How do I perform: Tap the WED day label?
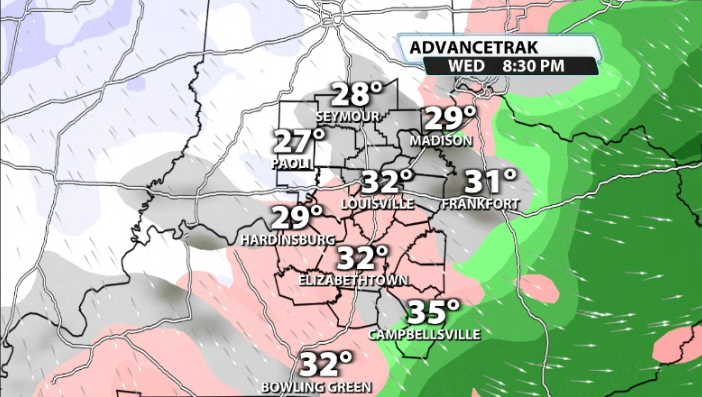(469, 65)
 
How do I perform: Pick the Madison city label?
(440, 141)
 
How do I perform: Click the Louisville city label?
(377, 203)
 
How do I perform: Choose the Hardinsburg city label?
(287, 240)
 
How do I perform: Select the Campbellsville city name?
(425, 333)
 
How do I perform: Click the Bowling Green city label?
(316, 386)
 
